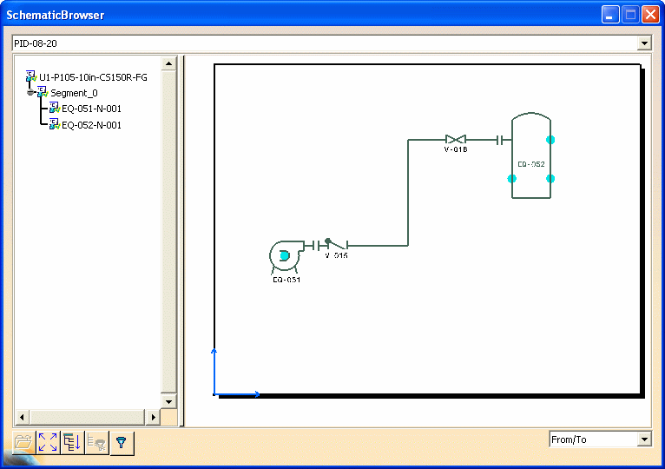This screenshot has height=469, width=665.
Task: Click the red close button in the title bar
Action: [x=650, y=15]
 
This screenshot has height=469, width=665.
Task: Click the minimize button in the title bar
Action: [x=610, y=15]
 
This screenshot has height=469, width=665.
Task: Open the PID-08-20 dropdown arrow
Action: [x=645, y=43]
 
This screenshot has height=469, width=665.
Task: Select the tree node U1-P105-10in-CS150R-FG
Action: [x=93, y=77]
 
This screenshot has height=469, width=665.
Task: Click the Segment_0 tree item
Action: [x=74, y=93]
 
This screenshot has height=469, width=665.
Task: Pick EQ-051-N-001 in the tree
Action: [x=92, y=109]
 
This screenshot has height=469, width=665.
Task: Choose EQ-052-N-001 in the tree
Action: [x=92, y=125]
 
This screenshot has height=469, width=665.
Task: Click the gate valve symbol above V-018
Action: [x=456, y=139]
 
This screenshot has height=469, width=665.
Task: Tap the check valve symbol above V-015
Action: [x=335, y=244]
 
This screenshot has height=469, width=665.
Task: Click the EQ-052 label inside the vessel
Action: [x=531, y=164]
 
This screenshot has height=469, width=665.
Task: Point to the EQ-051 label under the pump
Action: [x=286, y=280]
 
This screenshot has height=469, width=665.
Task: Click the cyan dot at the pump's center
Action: [x=284, y=255]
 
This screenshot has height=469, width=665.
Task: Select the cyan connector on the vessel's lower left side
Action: [x=512, y=179]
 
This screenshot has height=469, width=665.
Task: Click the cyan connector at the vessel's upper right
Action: [x=550, y=140]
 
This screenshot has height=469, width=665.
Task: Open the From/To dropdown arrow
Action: [x=645, y=439]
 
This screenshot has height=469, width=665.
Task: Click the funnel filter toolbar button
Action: [x=122, y=443]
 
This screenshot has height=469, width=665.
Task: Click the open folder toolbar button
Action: [x=23, y=443]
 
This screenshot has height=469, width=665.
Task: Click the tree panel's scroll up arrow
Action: [x=168, y=64]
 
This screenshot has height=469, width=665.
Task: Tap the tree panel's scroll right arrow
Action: [x=153, y=417]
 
